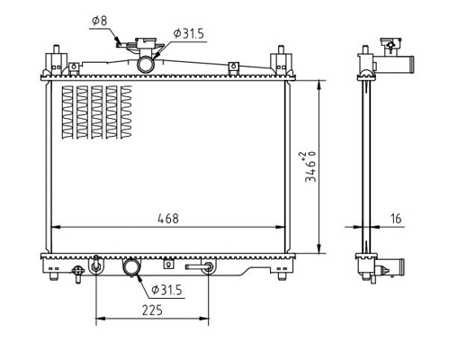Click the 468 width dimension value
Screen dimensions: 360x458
(x=168, y=218)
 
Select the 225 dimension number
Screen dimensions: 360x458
(x=150, y=310)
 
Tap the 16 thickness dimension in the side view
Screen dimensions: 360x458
(x=396, y=218)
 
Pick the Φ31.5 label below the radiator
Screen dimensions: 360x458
(x=166, y=289)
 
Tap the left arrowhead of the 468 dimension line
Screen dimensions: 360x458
(x=52, y=225)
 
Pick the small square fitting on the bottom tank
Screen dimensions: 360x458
(x=168, y=265)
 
